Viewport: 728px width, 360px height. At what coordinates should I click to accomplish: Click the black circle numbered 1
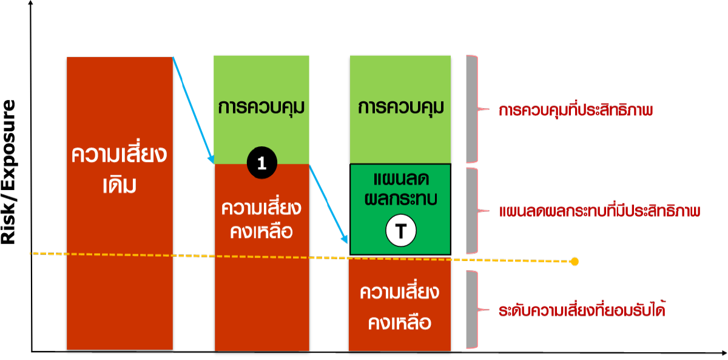pyautogui.click(x=262, y=163)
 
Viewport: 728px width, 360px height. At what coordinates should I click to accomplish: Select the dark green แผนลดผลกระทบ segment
pyautogui.click(x=400, y=194)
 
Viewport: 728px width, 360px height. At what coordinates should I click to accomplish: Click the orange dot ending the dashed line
pyautogui.click(x=575, y=262)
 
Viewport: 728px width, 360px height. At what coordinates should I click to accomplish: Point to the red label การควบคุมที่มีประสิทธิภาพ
pyautogui.click(x=575, y=111)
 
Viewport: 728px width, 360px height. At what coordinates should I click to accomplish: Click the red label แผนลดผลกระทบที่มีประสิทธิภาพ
pyautogui.click(x=599, y=212)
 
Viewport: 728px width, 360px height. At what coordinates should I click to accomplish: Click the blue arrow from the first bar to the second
pyautogui.click(x=192, y=109)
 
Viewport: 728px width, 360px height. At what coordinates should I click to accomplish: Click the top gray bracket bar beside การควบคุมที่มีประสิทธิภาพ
pyautogui.click(x=471, y=109)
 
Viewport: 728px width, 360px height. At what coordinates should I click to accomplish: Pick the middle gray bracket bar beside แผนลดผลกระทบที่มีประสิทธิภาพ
pyautogui.click(x=471, y=211)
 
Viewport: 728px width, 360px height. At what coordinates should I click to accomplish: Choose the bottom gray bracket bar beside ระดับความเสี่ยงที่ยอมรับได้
pyautogui.click(x=471, y=310)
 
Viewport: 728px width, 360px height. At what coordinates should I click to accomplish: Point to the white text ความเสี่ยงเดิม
pyautogui.click(x=119, y=169)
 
